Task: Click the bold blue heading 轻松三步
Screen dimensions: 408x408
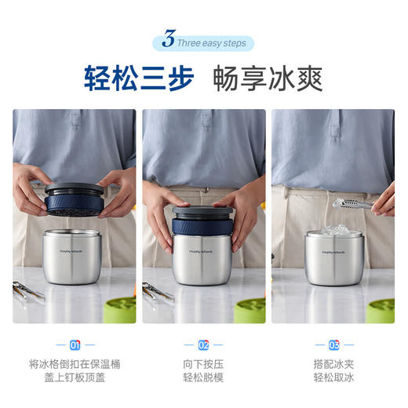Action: (x=139, y=79)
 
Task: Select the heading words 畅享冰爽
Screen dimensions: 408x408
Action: (x=268, y=79)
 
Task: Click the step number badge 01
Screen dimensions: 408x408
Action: (x=75, y=344)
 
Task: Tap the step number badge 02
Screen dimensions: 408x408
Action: (x=204, y=344)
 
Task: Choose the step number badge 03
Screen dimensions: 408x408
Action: (x=333, y=344)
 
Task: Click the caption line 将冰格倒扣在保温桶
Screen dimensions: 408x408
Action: (x=75, y=363)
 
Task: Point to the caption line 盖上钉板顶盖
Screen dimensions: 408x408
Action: (x=75, y=378)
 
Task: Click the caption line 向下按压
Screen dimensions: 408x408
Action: (x=204, y=363)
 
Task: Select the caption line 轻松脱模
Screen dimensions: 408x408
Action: (x=204, y=378)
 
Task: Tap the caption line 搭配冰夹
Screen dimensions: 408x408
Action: (x=333, y=363)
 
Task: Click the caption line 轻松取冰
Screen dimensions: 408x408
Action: (x=333, y=378)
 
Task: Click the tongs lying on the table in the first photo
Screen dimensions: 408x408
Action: (x=28, y=293)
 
